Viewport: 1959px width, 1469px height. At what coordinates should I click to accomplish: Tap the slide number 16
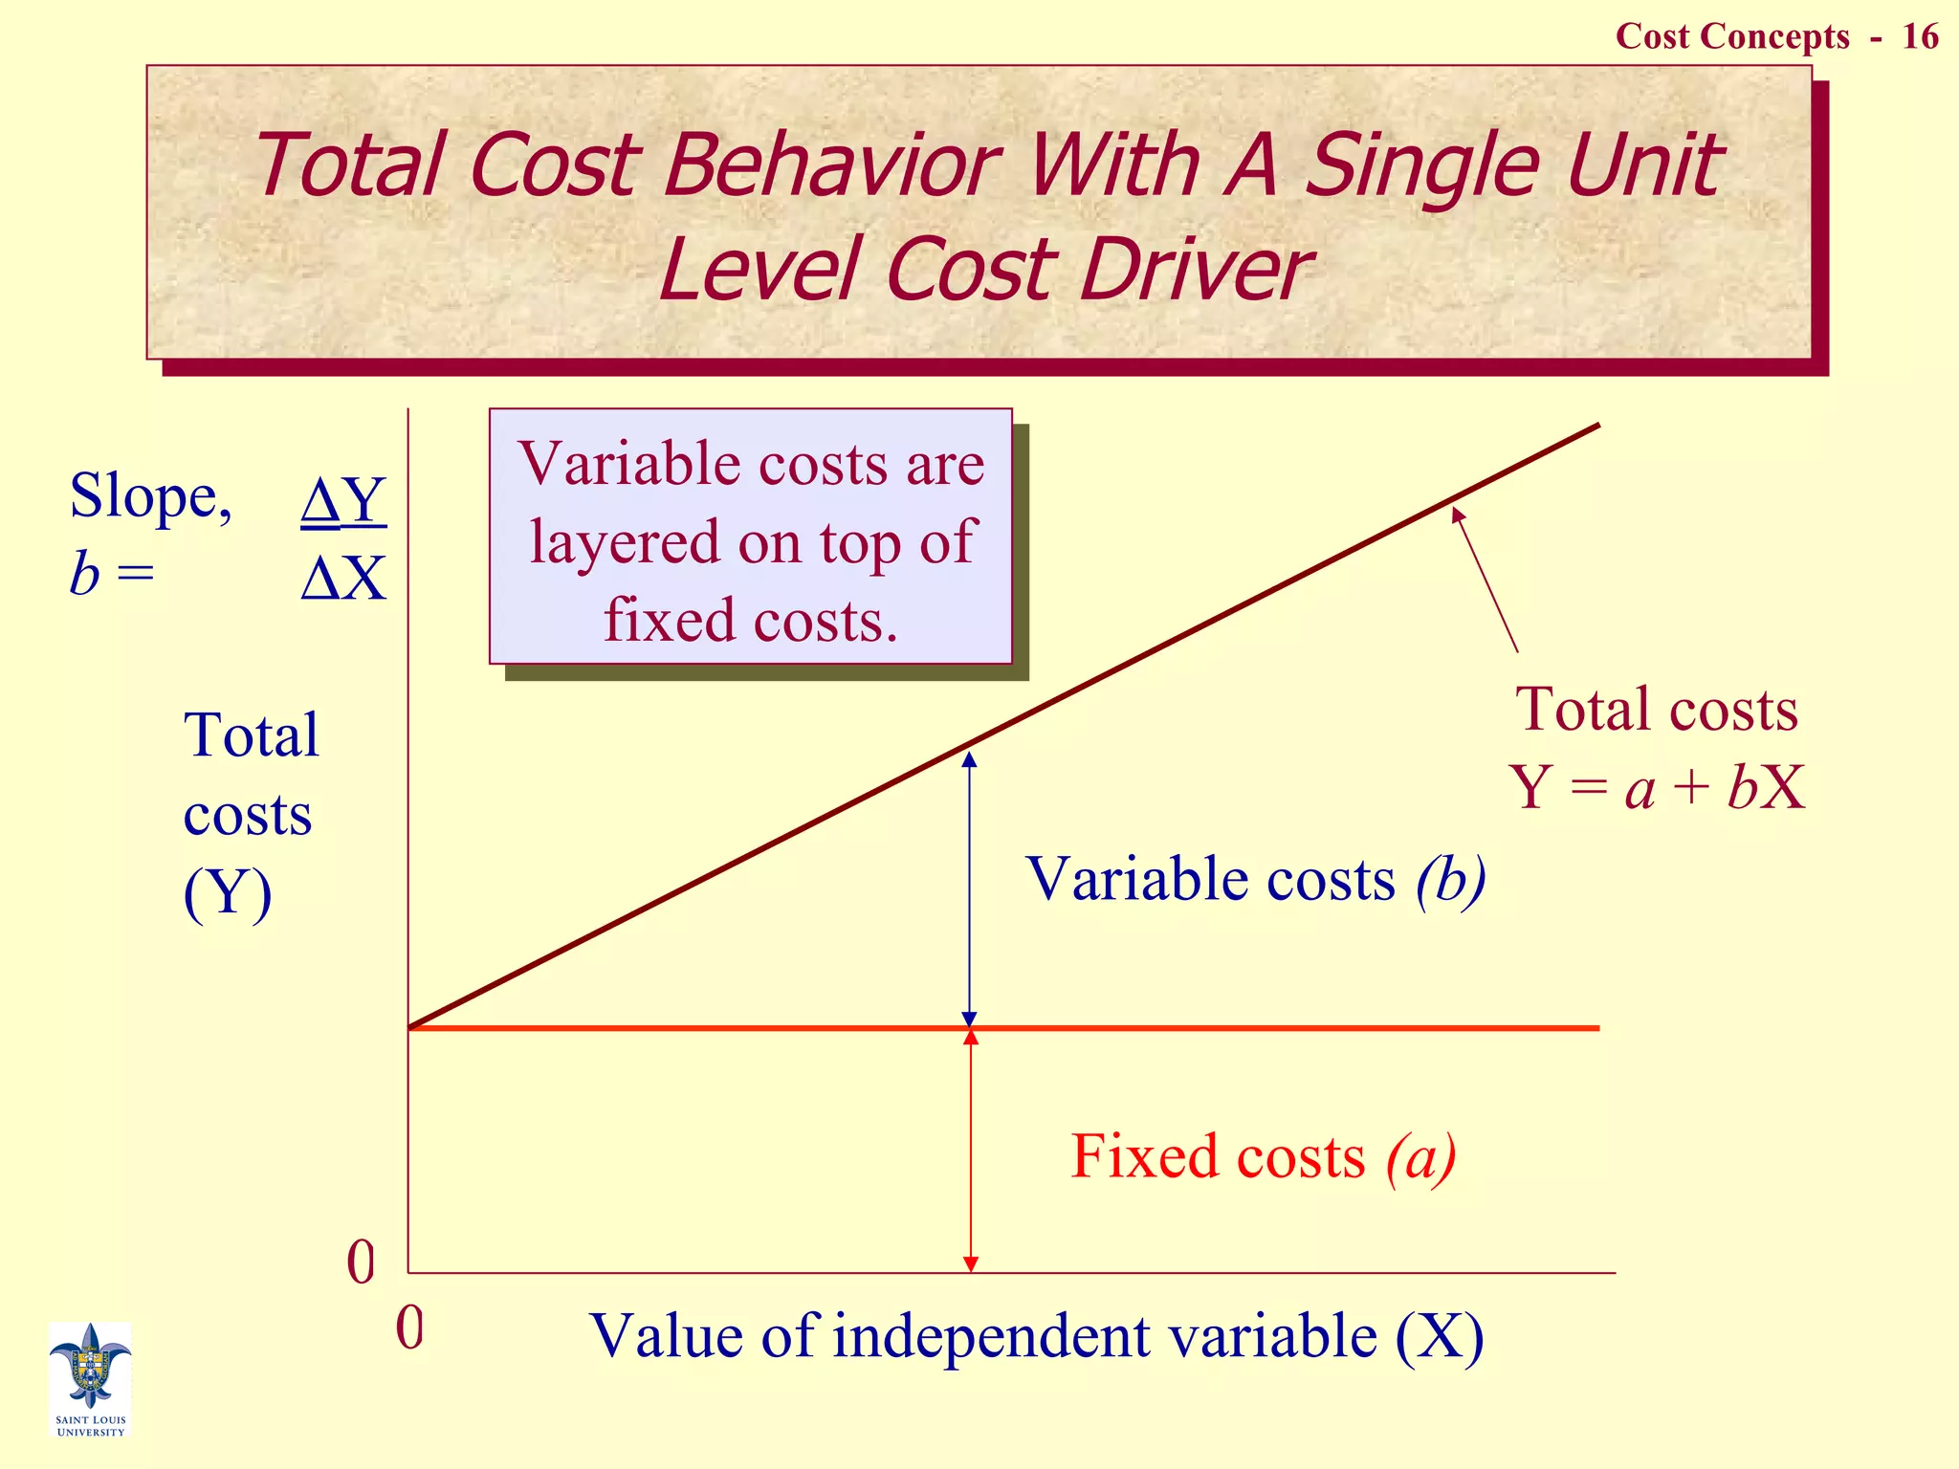[1920, 36]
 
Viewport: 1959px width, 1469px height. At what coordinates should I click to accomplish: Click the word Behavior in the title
[831, 164]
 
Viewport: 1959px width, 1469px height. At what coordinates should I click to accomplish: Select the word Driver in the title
[1195, 270]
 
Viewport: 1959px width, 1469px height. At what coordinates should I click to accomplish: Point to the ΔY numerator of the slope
[343, 499]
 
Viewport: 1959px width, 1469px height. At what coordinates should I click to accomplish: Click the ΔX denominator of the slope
[343, 578]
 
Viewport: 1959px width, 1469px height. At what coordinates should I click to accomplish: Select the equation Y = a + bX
[1657, 788]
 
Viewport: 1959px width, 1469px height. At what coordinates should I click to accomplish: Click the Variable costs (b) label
[1255, 878]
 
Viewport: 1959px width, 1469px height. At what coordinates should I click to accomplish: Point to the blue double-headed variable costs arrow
[969, 889]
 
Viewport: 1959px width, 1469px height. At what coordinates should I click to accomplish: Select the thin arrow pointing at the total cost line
[1485, 580]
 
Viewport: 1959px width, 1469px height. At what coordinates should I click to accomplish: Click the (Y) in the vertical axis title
[228, 893]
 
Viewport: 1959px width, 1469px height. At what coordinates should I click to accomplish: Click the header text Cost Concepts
[1732, 36]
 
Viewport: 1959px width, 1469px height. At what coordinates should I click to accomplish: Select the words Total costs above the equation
[1657, 710]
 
